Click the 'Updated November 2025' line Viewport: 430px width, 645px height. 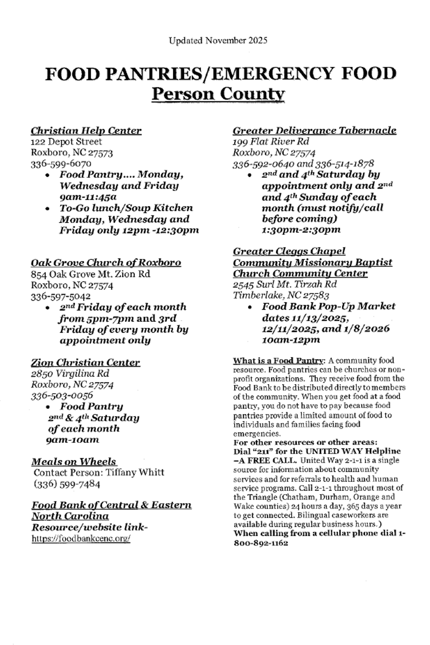point(218,41)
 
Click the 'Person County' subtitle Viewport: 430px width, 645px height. point(218,94)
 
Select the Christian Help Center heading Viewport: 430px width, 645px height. point(86,131)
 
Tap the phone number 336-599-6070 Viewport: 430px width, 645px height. point(61,163)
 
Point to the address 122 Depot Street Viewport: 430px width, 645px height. point(66,142)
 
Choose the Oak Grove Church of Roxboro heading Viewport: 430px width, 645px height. point(106,262)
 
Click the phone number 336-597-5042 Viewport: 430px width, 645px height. point(60,296)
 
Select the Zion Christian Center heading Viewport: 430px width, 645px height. point(85,362)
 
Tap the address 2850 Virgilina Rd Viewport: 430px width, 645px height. point(70,374)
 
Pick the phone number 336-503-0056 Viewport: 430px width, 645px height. point(62,396)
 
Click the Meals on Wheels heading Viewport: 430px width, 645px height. point(74,461)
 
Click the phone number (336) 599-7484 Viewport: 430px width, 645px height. point(67,484)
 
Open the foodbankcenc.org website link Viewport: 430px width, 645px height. point(81,538)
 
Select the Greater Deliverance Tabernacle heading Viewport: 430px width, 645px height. point(314,131)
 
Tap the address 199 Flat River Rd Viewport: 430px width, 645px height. point(271,142)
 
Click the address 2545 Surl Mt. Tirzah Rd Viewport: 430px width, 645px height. point(285,284)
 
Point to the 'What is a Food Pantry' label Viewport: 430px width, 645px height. point(278,361)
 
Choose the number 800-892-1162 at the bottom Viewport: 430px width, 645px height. point(261,543)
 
